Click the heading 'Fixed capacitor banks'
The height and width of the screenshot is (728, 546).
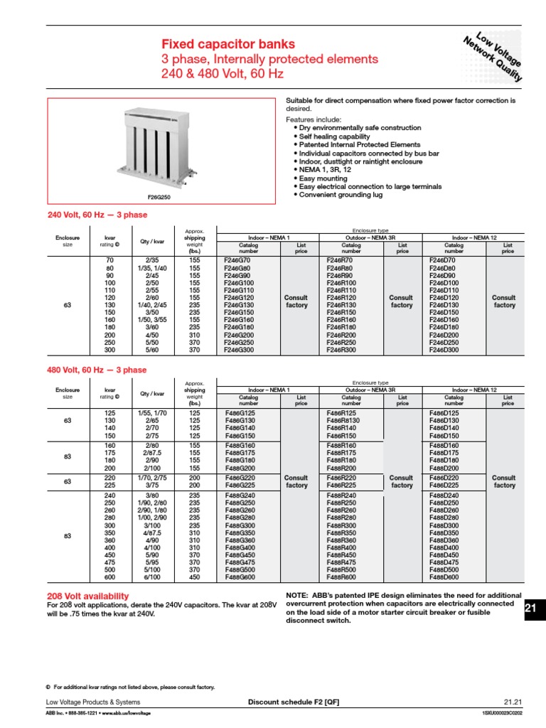(x=228, y=44)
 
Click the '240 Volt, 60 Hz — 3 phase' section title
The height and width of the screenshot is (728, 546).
(x=97, y=214)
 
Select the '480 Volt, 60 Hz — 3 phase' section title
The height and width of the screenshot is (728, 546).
(x=97, y=370)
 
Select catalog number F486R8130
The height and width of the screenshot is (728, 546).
(x=344, y=419)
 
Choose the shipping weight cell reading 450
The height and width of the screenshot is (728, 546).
(x=194, y=577)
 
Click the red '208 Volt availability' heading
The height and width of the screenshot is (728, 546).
(x=87, y=596)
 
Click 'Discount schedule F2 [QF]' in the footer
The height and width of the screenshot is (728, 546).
(x=293, y=702)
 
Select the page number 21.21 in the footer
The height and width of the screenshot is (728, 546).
(x=513, y=702)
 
